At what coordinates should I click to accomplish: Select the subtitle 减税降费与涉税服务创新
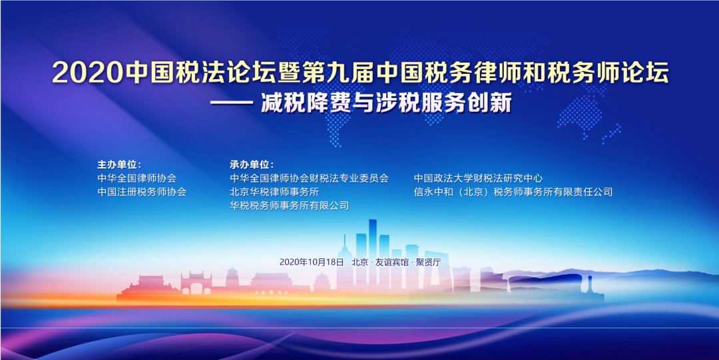[x=386, y=103]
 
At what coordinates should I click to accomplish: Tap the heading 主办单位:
[x=119, y=164]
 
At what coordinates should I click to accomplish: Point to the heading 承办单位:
[x=251, y=164]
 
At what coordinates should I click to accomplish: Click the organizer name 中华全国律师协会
[x=136, y=178]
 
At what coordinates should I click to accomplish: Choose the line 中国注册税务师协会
[x=142, y=192]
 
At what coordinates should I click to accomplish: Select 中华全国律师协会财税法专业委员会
[x=309, y=178]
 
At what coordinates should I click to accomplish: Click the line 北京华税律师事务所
[x=274, y=192]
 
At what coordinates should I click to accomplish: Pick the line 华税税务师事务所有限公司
[x=290, y=206]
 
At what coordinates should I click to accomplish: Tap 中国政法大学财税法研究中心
[x=478, y=178]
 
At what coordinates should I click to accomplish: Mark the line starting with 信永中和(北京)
[x=513, y=192]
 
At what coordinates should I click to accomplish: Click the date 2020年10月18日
[x=312, y=262]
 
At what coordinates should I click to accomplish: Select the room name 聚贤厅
[x=427, y=262]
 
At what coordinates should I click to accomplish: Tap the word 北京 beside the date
[x=360, y=262]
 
